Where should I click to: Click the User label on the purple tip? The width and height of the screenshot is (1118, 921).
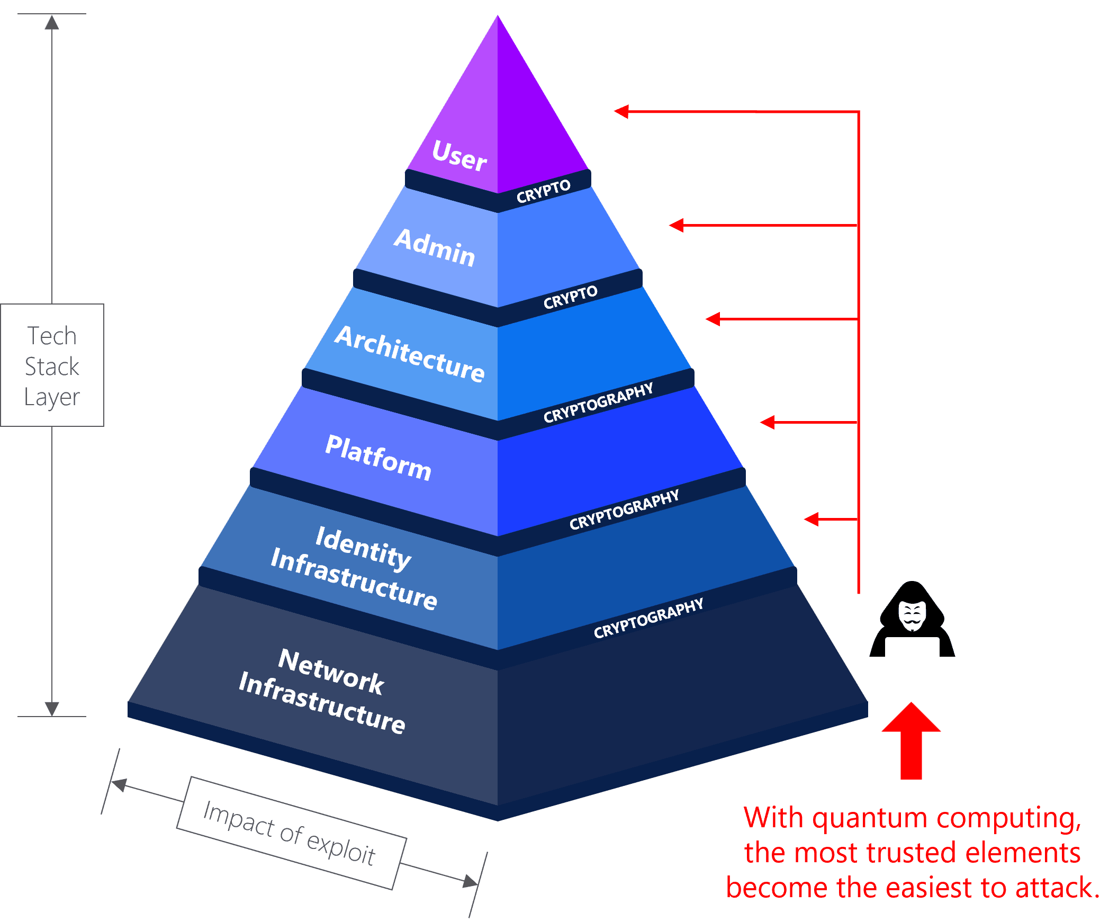pos(459,156)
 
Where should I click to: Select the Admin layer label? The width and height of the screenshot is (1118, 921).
pos(435,247)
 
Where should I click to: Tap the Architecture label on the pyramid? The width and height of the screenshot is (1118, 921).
pos(410,354)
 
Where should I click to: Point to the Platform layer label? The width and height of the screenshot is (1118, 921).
pos(378,457)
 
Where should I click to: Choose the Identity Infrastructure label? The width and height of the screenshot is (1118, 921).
pos(354,569)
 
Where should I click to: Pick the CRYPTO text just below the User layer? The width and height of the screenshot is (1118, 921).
pos(544,192)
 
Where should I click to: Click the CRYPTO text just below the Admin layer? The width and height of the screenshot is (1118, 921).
pos(570,297)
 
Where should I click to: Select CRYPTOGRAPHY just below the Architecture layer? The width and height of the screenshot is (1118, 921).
pos(598,403)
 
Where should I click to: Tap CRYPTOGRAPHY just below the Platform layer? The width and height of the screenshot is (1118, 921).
pos(624,510)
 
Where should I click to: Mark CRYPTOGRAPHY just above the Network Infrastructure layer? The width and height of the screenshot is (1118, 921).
pos(648,618)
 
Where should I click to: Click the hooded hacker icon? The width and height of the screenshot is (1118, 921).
pos(912,621)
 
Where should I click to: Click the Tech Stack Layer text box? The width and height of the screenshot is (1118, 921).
pos(52,365)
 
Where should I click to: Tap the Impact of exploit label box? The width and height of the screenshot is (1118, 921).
pos(291,834)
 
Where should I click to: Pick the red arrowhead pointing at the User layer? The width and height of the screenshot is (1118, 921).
pos(621,111)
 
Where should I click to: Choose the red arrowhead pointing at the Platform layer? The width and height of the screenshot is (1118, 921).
pos(767,422)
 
